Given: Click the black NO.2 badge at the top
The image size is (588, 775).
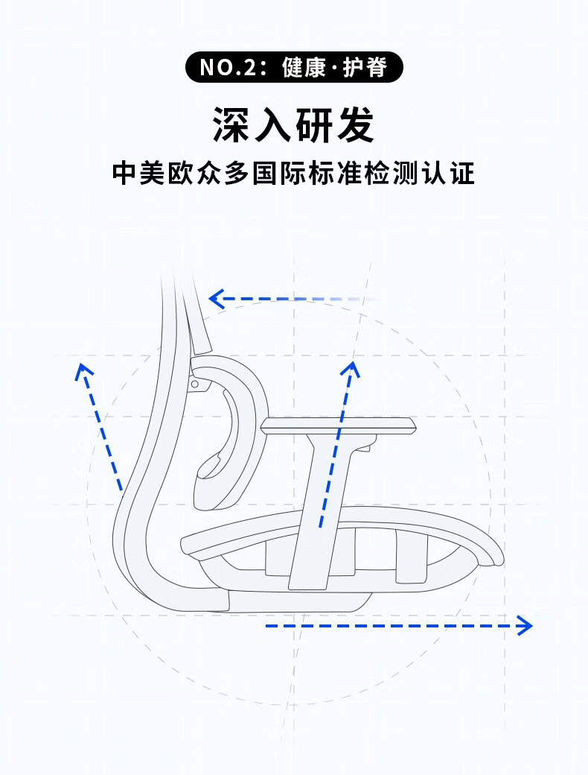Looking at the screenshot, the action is coord(294,67).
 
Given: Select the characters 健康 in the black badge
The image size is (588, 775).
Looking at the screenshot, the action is coord(305,67).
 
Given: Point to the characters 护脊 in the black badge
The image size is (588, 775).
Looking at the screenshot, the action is coord(366,67).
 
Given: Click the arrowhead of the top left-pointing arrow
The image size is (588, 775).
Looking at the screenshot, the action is coord(215,300).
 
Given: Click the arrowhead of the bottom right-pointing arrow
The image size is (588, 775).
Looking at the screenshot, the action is coord(525,625).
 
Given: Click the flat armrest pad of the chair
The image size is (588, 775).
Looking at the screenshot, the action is coord(339,426).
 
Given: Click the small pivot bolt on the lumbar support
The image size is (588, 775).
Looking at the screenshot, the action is coord(195,384).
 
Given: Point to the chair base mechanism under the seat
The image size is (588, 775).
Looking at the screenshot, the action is coord(298,600).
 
